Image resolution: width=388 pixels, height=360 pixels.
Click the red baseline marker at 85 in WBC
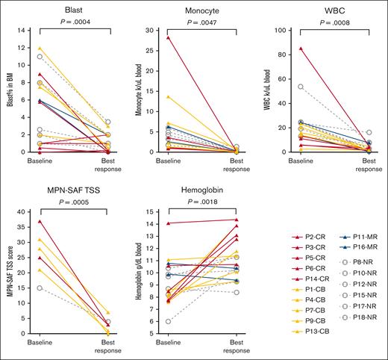pyautogui.click(x=301, y=49)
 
